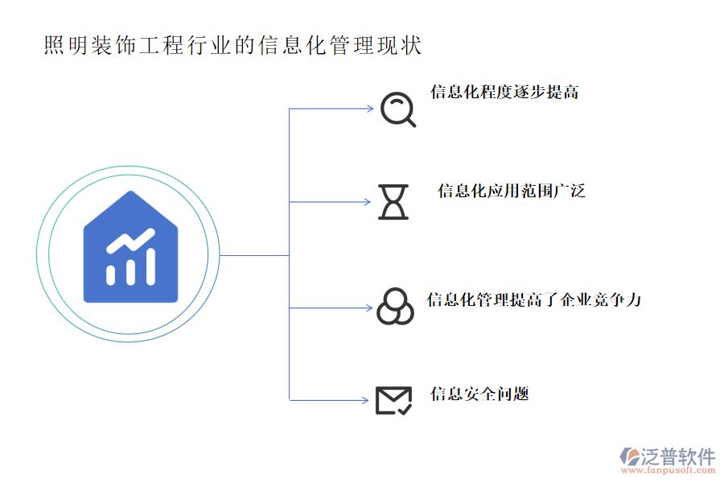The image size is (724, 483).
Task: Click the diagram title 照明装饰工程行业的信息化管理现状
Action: [x=232, y=45]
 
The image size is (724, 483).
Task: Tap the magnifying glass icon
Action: [x=397, y=109]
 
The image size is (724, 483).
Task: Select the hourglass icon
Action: [x=393, y=201]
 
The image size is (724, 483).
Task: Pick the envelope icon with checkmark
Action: [x=393, y=400]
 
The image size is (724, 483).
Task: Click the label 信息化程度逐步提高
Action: [x=504, y=92]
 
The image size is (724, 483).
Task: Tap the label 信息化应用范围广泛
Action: [x=511, y=192]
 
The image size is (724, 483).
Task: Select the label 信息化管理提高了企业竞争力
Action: [x=533, y=300]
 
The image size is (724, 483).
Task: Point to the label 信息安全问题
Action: [x=479, y=394]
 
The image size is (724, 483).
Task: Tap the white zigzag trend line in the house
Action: [x=131, y=241]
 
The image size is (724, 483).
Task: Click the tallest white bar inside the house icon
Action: [x=150, y=266]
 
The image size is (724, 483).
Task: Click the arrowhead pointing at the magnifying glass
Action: [x=369, y=109]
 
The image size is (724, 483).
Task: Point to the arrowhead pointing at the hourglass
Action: [x=369, y=201]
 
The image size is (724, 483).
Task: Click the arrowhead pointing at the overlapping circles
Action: [x=369, y=308]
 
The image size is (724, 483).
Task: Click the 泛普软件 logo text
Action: [x=677, y=456]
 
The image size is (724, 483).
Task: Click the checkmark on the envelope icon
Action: [x=405, y=409]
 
